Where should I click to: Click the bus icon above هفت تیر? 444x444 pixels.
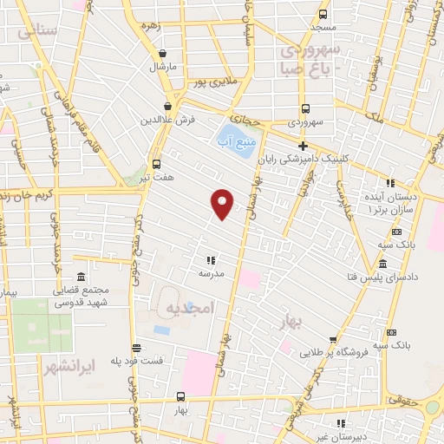pos(156,163)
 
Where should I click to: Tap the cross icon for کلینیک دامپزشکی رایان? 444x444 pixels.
pos(303,146)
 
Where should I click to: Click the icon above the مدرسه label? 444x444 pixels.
pos(210,259)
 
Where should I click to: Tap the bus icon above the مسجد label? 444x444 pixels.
pos(323,15)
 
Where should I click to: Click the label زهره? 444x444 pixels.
pos(153,26)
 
